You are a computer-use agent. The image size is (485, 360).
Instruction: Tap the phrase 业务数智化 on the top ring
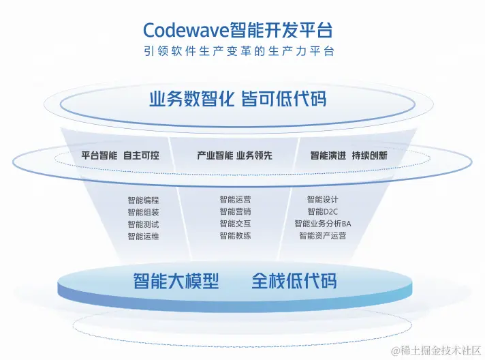click(x=192, y=99)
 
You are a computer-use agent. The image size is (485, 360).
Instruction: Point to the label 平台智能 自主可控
click(x=120, y=155)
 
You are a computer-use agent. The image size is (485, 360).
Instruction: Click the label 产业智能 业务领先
click(x=234, y=155)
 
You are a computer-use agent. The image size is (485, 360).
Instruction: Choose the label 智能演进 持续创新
click(x=349, y=155)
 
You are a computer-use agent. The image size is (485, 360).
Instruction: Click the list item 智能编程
click(x=143, y=200)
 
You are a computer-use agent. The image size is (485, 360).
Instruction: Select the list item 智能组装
click(x=143, y=212)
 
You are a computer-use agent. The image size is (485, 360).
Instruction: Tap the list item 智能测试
click(x=143, y=224)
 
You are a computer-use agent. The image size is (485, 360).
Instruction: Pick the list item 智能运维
click(x=143, y=236)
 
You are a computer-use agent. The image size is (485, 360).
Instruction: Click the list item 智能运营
click(x=235, y=200)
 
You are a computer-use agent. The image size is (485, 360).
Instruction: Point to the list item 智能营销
click(x=235, y=211)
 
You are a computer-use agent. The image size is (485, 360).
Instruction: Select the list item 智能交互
click(x=235, y=224)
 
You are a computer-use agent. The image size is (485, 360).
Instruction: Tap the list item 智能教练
click(x=235, y=235)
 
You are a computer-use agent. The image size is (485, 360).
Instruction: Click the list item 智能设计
click(x=322, y=200)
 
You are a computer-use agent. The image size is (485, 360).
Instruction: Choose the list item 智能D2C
click(x=322, y=211)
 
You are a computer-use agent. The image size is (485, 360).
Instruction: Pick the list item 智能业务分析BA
click(x=322, y=224)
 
